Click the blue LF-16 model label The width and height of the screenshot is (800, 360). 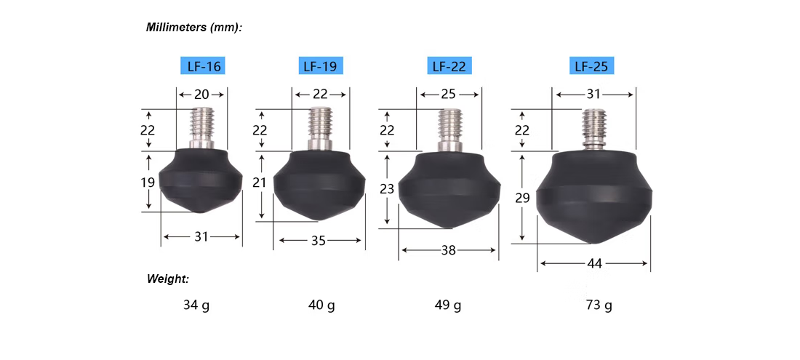point(203,66)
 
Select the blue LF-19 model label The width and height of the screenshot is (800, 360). point(321,66)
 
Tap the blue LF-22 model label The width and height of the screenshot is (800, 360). point(449,66)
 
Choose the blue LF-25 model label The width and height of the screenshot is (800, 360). point(591,66)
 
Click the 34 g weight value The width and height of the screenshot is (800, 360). point(196,305)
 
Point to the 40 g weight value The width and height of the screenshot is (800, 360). point(321,305)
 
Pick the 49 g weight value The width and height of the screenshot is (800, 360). point(448,305)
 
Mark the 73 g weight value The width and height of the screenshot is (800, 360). point(599,305)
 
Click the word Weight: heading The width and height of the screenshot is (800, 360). point(168,279)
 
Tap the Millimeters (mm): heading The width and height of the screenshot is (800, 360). point(194,28)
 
